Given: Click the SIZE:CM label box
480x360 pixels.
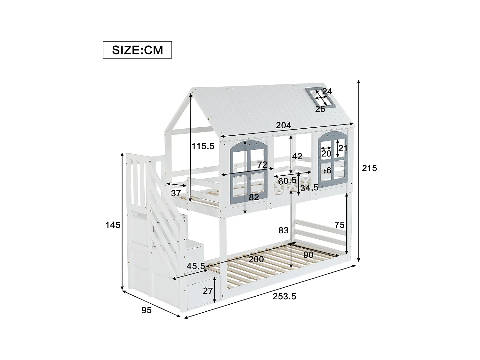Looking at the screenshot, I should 137,50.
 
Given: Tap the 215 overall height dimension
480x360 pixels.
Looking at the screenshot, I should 369,168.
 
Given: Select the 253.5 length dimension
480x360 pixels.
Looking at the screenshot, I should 284,297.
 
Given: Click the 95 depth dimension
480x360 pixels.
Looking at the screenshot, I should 146,310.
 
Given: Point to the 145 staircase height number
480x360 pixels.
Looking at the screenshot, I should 113,225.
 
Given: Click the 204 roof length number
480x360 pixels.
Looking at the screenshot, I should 284,125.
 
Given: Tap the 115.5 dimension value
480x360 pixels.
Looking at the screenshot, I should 203,146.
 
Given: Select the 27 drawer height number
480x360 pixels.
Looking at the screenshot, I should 208,291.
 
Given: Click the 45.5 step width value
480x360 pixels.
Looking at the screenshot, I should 196,266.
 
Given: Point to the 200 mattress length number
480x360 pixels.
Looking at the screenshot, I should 256,259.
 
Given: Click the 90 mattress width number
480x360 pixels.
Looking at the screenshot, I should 308,255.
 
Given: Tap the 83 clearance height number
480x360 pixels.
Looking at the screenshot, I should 284,230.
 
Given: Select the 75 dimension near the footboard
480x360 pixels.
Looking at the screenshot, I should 340,225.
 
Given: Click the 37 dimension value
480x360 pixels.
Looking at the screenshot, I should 176,193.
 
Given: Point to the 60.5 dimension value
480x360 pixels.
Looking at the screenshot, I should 287,181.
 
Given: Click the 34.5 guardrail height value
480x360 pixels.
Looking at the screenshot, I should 309,188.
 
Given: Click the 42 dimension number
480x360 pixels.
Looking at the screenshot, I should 297,156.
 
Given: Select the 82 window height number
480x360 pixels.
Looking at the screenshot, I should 254,197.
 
